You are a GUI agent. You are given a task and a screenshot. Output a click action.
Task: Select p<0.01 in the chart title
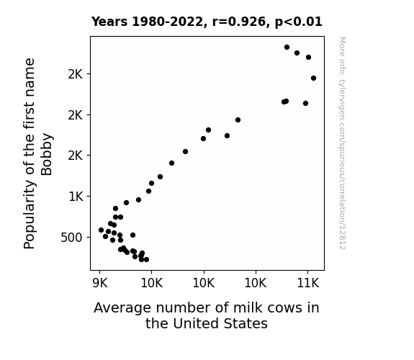point(298,22)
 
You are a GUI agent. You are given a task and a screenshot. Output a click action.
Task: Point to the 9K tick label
point(100,284)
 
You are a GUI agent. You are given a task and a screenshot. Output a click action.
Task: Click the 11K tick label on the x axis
point(308,284)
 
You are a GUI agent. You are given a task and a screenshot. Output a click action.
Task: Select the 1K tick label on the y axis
point(76,197)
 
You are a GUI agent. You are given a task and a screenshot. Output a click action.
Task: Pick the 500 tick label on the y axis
point(71,238)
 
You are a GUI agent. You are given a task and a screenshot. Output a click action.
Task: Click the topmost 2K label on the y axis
point(76,74)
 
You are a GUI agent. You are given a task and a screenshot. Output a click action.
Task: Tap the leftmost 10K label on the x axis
point(152,284)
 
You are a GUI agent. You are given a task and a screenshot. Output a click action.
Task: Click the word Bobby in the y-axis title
point(47,154)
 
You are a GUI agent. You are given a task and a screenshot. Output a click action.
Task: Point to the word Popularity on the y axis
point(30,215)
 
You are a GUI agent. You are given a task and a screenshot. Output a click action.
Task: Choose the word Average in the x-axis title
point(122,308)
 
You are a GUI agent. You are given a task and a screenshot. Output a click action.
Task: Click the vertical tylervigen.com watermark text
point(342,143)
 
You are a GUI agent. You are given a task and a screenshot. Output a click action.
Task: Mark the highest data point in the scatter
point(287,48)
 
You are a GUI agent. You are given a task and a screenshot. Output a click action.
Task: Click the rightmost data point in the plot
point(314,78)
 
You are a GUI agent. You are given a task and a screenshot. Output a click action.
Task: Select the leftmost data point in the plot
point(101,230)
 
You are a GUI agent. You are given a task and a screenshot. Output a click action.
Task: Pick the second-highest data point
point(297,53)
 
